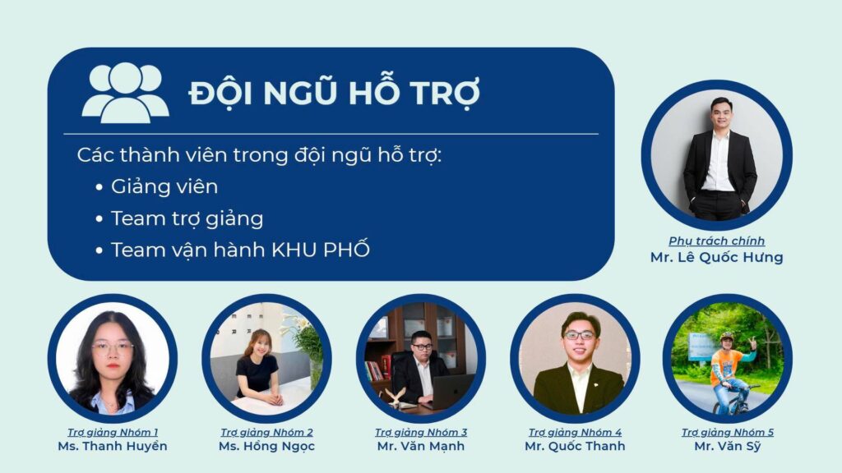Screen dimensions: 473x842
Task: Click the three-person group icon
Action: click(125, 92)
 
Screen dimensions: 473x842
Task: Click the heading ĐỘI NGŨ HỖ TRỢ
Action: click(334, 93)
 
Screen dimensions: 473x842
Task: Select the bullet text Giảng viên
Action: click(164, 186)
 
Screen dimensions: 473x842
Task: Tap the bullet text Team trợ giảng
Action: click(187, 218)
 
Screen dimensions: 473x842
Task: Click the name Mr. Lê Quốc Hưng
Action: click(716, 257)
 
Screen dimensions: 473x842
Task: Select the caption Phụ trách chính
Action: click(716, 241)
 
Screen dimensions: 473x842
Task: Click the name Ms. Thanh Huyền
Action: click(112, 446)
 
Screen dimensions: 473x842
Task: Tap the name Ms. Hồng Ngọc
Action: click(266, 446)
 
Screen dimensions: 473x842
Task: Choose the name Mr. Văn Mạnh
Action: click(421, 446)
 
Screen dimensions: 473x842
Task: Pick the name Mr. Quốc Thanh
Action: click(575, 446)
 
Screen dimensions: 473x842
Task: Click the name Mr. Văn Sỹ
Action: click(728, 446)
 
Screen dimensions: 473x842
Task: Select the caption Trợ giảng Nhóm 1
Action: click(112, 432)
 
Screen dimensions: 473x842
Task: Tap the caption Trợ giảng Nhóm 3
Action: click(421, 432)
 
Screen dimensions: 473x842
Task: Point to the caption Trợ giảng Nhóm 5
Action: click(728, 432)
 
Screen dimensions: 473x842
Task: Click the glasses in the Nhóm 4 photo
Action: click(579, 335)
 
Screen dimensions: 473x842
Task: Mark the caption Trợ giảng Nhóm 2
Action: click(266, 432)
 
